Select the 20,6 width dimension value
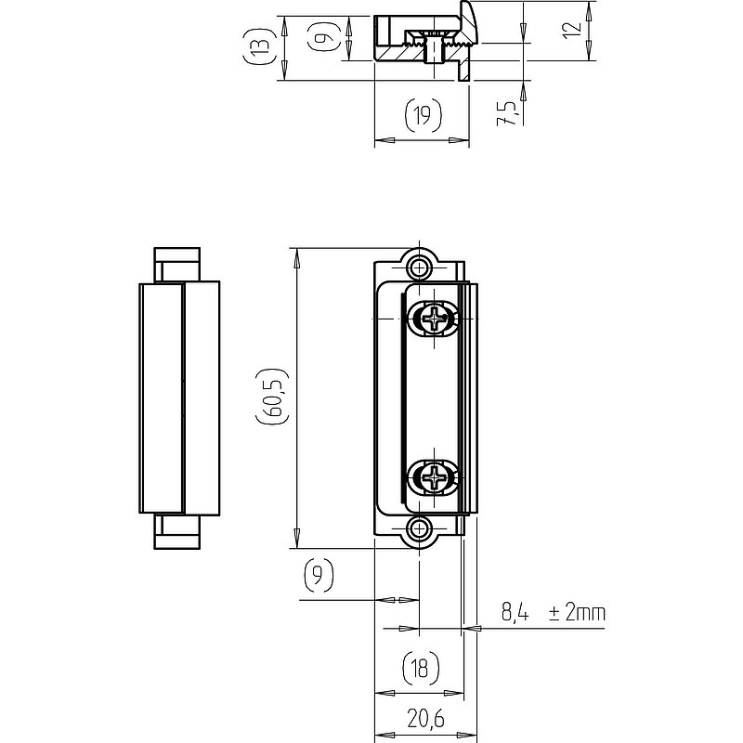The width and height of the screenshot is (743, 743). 425,719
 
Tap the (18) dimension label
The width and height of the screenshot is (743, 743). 421,668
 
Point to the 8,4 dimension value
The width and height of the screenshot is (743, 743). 515,613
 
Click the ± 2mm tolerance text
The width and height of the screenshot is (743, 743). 577,613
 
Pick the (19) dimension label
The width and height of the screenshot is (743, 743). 424,114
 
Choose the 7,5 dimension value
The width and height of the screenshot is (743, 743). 506,113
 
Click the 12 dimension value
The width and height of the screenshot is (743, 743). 572,30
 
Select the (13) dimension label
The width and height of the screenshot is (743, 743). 259,46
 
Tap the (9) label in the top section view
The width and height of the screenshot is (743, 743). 323,37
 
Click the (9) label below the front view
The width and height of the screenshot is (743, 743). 319,575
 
